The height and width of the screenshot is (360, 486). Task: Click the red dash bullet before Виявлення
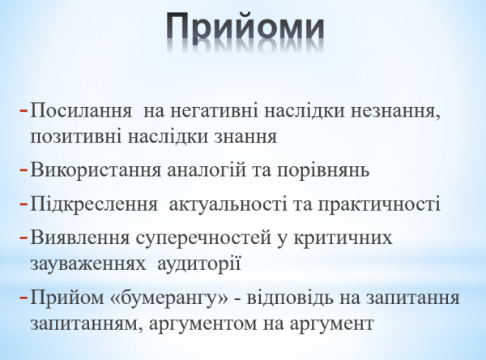(x=23, y=238)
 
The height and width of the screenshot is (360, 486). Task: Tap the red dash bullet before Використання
(x=23, y=170)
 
